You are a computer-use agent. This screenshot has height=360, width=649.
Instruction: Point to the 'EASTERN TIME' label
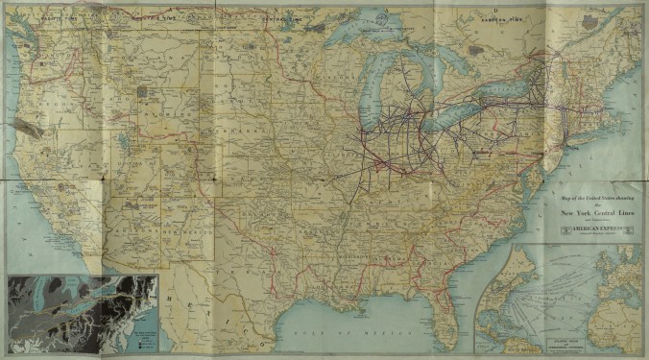click(503, 17)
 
